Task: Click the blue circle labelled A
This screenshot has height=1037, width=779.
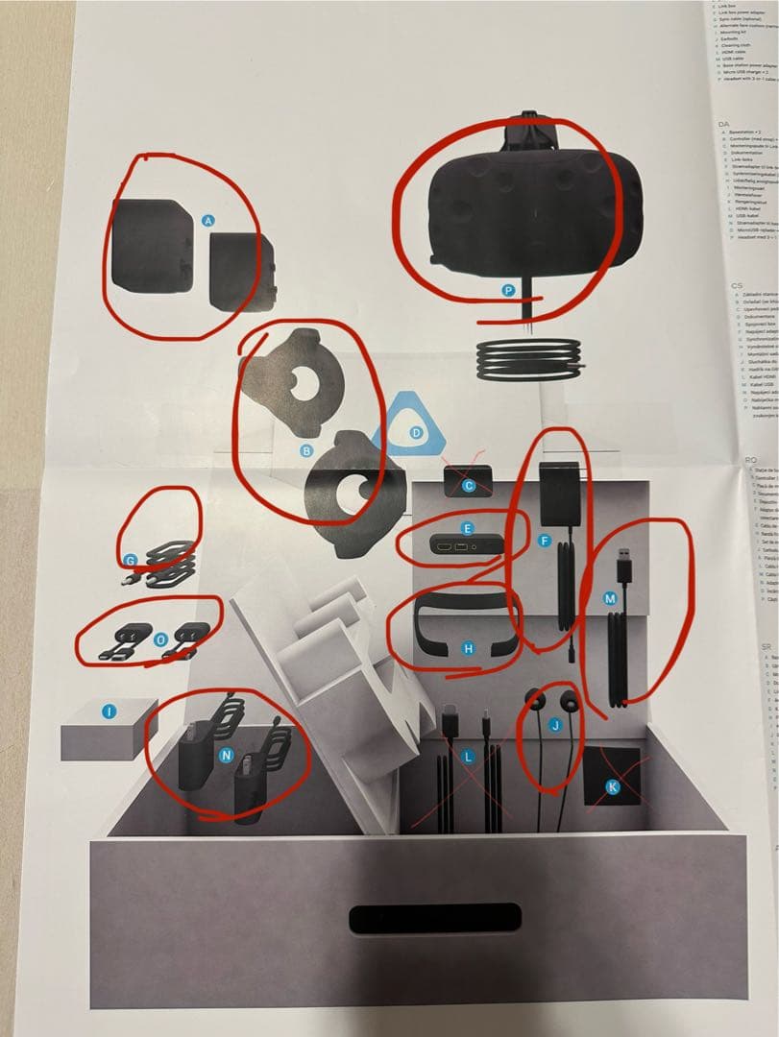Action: tap(208, 221)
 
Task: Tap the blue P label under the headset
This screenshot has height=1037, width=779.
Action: tap(508, 289)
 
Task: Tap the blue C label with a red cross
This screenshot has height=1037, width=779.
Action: tap(469, 486)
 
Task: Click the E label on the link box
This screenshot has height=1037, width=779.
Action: tap(468, 528)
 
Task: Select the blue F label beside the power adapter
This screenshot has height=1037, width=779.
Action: tap(545, 542)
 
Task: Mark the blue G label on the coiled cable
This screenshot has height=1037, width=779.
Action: tap(131, 560)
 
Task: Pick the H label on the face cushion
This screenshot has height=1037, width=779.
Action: tap(468, 649)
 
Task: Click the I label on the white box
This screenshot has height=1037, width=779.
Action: tap(110, 711)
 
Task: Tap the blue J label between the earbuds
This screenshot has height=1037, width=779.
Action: tap(553, 725)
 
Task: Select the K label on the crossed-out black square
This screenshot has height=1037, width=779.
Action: tap(615, 788)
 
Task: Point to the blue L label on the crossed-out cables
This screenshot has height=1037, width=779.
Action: tap(468, 758)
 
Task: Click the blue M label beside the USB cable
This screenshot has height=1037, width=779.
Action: tap(609, 597)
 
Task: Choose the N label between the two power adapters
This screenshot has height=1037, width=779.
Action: tap(227, 756)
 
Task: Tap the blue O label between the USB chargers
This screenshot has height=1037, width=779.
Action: tap(160, 638)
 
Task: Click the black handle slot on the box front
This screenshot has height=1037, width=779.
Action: tap(435, 917)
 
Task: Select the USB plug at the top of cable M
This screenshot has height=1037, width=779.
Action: tap(625, 558)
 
